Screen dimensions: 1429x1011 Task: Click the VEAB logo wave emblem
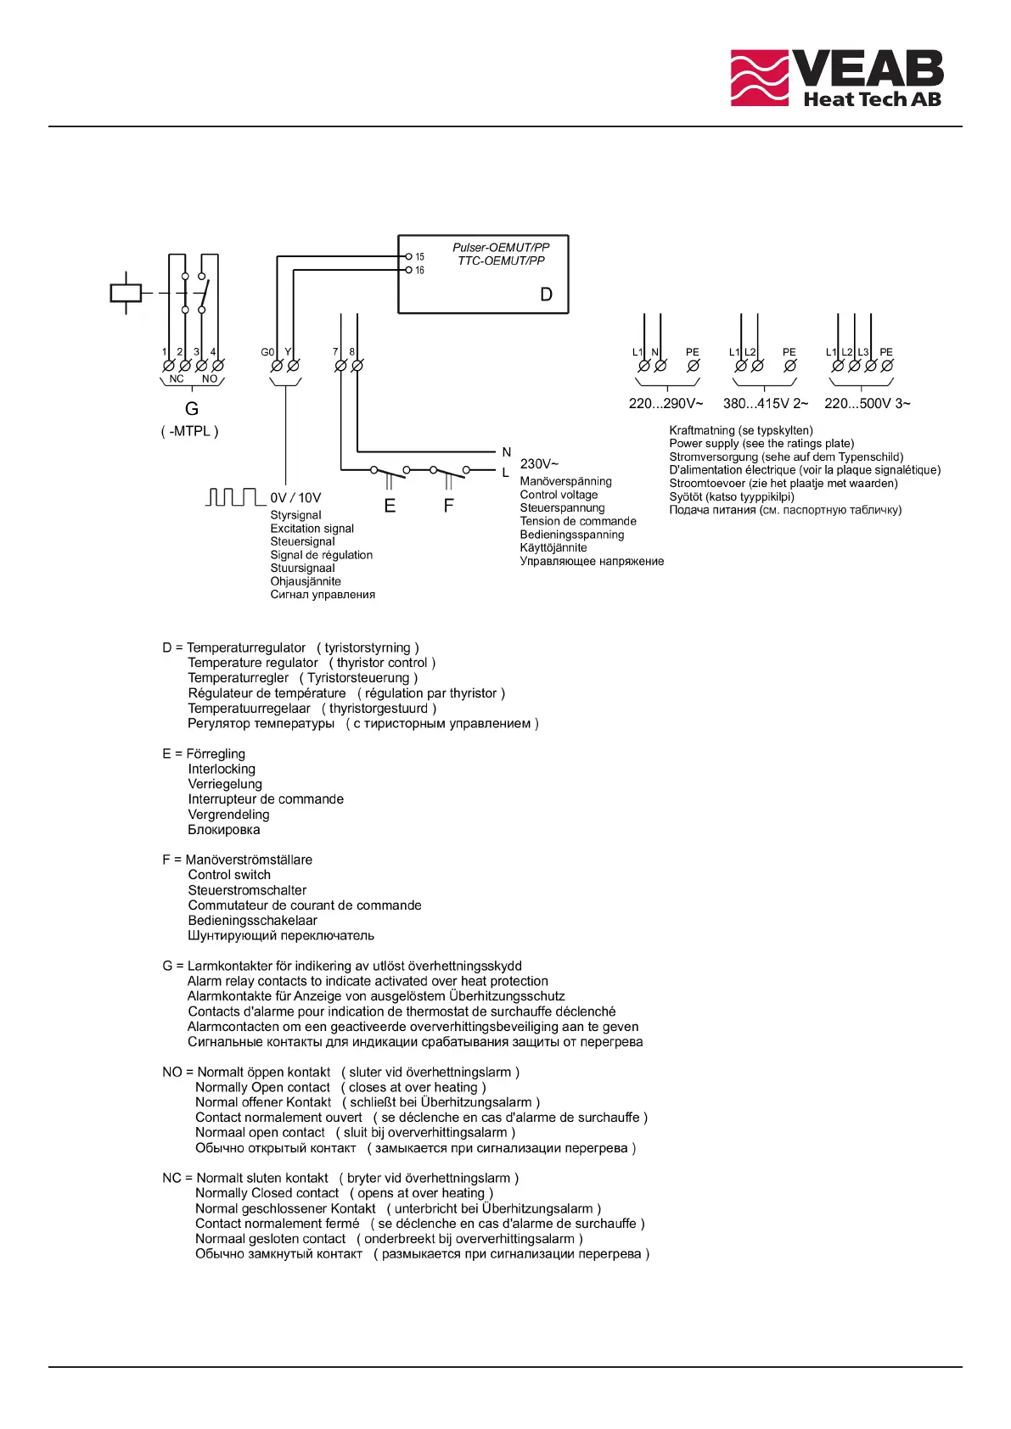click(x=760, y=77)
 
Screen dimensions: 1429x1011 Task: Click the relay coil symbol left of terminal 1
click(x=126, y=293)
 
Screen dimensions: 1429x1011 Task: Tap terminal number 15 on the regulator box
click(x=419, y=256)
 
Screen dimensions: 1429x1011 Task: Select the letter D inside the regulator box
click(x=546, y=294)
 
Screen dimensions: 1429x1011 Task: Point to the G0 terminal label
click(x=267, y=352)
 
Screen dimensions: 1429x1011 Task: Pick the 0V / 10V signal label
click(x=295, y=498)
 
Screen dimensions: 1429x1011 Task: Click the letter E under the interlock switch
click(x=390, y=506)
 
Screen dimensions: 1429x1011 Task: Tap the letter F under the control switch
click(x=448, y=506)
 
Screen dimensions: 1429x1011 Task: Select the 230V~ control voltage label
click(x=539, y=464)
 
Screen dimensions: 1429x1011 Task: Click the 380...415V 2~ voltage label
click(x=765, y=404)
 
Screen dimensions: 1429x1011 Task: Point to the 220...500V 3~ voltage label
click(x=867, y=404)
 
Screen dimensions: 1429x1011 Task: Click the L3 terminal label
click(x=863, y=352)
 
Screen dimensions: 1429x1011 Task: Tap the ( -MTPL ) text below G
click(x=190, y=431)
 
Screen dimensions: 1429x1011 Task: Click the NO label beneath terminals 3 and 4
click(x=210, y=379)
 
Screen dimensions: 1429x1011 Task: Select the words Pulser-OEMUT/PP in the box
click(x=501, y=248)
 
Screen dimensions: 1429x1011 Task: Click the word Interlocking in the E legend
click(x=222, y=769)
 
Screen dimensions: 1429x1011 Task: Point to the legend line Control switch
click(x=229, y=875)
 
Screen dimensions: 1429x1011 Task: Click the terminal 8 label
click(x=352, y=352)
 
